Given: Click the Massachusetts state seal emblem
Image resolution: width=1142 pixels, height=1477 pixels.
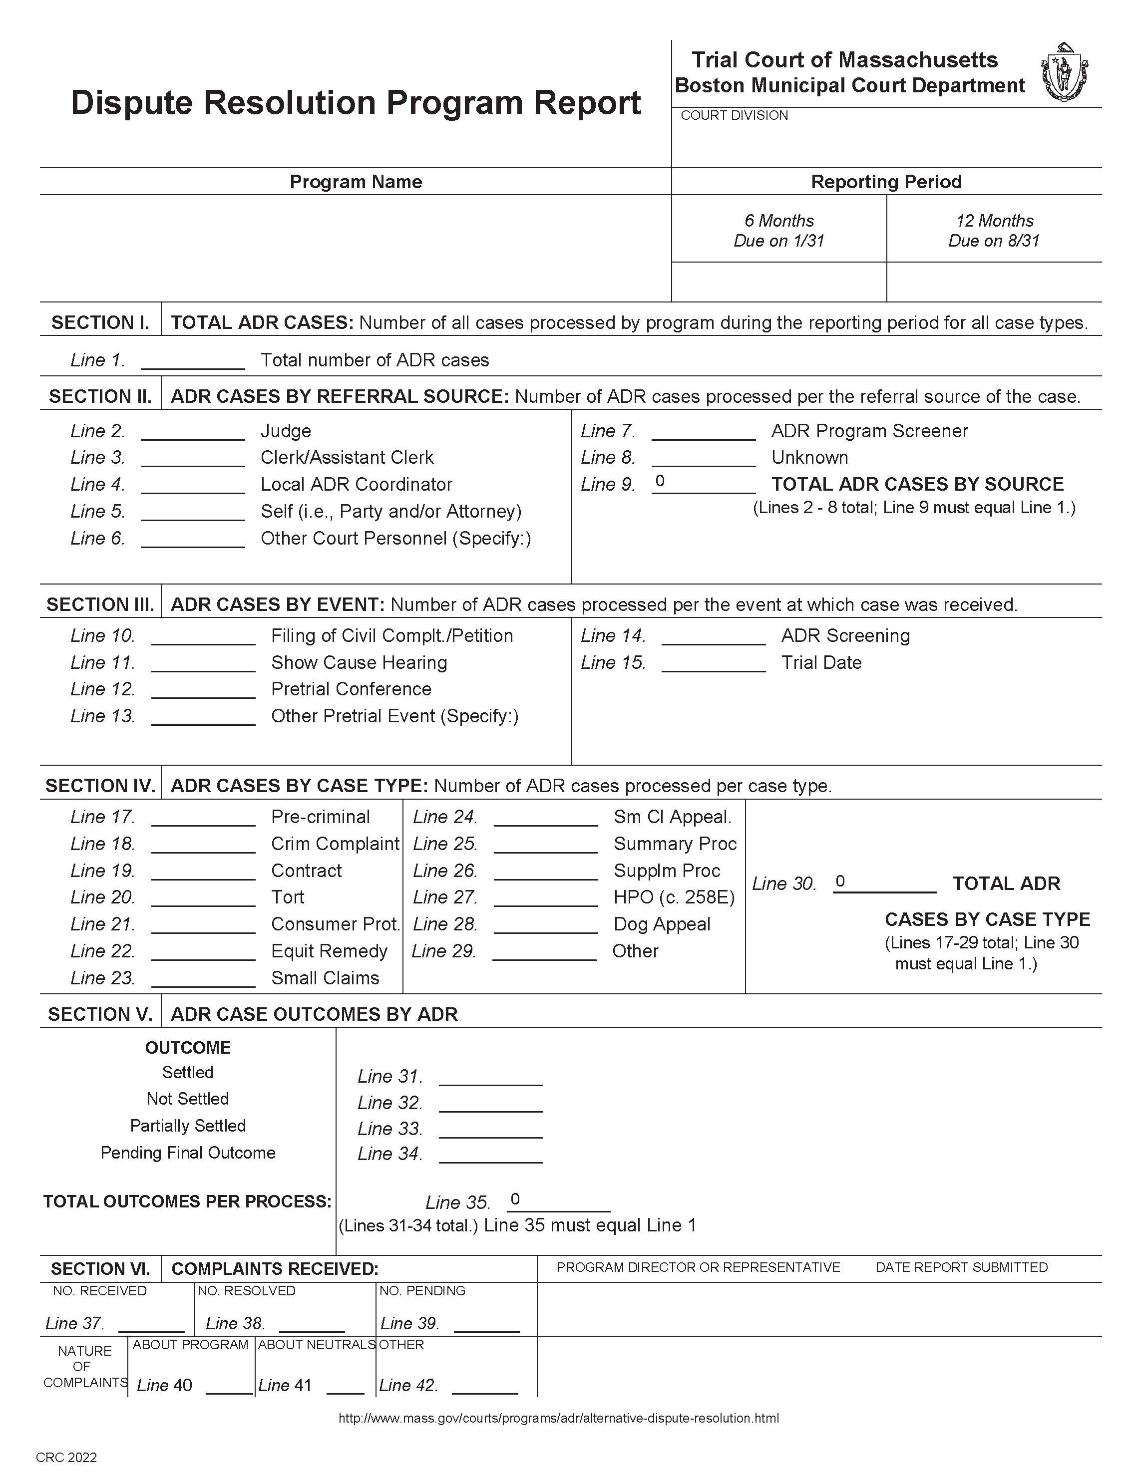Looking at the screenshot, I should [x=1064, y=72].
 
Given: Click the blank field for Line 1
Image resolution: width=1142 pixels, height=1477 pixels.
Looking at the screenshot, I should [x=192, y=361].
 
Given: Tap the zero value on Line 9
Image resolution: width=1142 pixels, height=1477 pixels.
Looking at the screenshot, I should [x=660, y=481].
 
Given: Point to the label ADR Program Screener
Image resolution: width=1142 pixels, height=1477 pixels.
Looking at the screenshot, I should [x=869, y=431].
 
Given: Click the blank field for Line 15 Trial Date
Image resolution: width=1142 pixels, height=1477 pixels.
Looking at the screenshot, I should [x=713, y=663].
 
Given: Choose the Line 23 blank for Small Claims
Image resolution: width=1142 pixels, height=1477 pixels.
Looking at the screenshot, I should [x=203, y=978].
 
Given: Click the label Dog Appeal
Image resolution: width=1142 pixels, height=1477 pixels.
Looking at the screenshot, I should [x=662, y=924].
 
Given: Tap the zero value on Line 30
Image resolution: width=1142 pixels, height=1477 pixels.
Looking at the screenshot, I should [x=840, y=881].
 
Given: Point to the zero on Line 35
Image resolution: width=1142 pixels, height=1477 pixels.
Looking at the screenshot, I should [x=515, y=1199].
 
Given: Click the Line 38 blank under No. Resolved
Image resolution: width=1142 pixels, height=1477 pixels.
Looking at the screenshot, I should [x=312, y=1323].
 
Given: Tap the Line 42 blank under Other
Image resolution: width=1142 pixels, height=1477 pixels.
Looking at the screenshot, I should [x=484, y=1386].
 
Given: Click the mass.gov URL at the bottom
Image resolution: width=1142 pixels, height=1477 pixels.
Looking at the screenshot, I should [x=558, y=1418].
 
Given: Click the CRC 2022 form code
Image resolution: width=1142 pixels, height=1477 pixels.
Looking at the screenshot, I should [x=66, y=1458].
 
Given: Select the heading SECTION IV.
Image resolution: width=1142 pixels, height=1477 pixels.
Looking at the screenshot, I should [x=100, y=786].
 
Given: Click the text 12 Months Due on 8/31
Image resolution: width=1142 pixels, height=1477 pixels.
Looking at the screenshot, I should [x=993, y=231].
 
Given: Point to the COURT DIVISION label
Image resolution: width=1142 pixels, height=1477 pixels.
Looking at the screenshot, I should [x=734, y=116].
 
